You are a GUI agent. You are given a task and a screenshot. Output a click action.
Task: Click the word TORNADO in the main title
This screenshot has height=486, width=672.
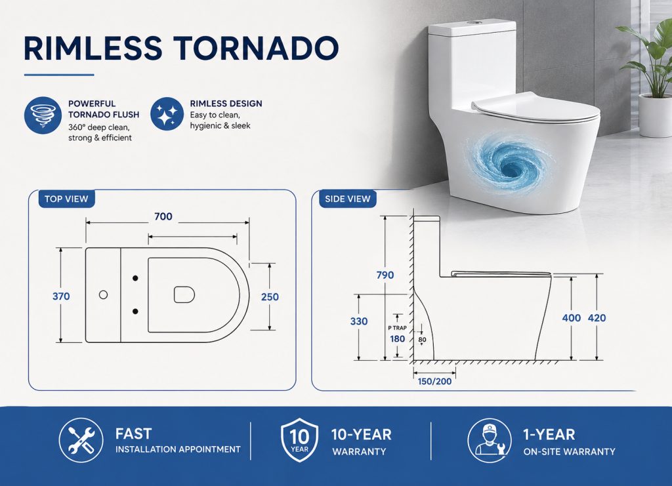257,47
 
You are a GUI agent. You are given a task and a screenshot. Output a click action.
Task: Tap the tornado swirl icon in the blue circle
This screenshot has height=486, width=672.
43,115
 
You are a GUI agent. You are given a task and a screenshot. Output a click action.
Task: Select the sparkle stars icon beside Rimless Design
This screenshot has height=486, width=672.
167,114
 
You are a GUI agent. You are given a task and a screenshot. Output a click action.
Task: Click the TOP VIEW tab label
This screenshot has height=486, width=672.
66,199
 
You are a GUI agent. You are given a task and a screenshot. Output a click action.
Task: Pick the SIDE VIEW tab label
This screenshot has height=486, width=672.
348,199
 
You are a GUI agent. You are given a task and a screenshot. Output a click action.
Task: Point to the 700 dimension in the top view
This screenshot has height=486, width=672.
163,216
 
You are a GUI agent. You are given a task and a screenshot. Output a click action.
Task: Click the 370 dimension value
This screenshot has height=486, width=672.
61,296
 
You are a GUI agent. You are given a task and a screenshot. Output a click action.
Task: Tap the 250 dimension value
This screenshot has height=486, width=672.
270,296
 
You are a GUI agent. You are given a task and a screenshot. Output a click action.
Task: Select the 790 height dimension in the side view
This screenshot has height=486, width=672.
385,275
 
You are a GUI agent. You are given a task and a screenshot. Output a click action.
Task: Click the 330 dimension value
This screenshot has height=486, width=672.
359,321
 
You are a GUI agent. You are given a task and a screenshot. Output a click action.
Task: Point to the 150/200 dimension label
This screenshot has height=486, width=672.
434,381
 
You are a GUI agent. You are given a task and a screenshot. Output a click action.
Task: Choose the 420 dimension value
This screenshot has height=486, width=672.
597,317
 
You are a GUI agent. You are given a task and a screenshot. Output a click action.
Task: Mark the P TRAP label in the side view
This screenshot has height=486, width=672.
397,328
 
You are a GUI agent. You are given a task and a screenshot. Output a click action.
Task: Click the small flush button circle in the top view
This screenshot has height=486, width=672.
103,294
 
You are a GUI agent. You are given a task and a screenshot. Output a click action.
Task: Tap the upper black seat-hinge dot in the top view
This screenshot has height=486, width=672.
135,278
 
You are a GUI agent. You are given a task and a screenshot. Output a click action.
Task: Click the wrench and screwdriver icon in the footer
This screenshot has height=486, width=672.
81,441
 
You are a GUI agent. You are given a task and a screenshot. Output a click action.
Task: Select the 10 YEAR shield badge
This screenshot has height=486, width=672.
299,441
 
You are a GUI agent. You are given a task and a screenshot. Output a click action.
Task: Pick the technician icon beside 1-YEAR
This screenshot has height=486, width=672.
490,441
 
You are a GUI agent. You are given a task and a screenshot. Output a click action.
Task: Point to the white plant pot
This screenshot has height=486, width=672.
656,115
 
